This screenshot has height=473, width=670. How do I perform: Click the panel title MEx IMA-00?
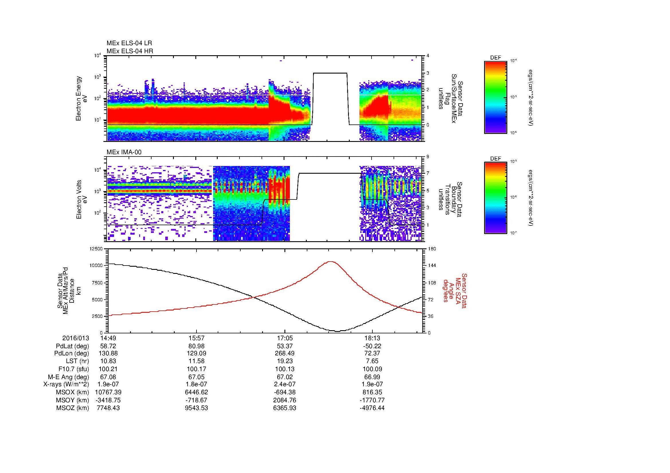pos(124,152)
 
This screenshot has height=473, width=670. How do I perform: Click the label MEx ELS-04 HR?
pos(129,51)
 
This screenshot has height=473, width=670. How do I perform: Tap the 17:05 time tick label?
pos(284,338)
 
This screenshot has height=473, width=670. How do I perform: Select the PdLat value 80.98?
pos(197,346)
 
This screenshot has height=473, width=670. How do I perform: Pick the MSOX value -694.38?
pos(284,392)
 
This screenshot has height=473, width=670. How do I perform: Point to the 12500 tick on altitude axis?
pos(96,249)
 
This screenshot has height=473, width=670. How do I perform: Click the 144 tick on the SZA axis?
pos(432,266)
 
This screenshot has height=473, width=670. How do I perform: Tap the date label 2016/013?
pos(76,338)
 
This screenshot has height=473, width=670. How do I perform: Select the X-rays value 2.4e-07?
pos(284,384)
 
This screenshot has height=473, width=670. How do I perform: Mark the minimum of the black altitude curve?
pos(337,331)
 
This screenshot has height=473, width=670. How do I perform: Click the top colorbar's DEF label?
pos(495,58)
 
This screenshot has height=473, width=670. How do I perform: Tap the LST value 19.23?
pos(284,361)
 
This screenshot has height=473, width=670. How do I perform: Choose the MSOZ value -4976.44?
pos(372,408)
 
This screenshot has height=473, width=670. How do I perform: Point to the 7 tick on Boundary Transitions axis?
pos(428,173)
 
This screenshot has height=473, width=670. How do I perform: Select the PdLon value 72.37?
pos(372,353)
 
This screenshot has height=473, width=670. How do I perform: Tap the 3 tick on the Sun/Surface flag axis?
pos(428,73)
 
